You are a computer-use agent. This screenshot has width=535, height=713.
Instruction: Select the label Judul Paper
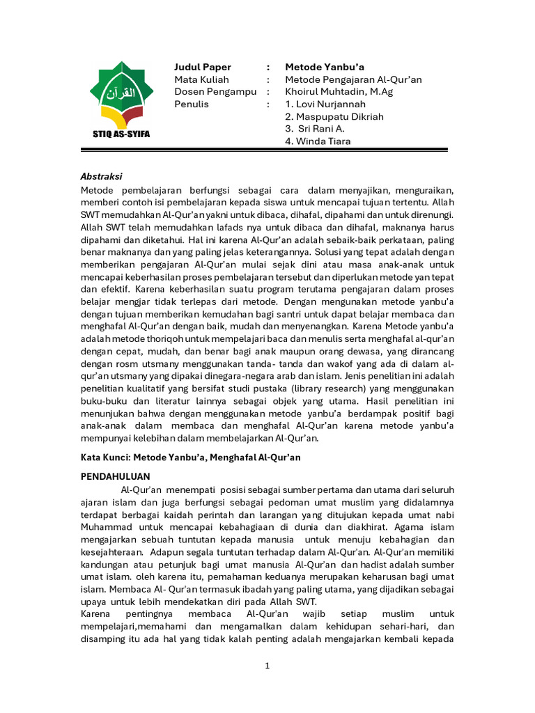click(x=202, y=67)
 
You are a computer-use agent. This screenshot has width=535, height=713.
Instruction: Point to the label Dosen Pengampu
click(x=215, y=92)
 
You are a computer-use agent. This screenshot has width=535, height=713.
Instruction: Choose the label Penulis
click(x=191, y=104)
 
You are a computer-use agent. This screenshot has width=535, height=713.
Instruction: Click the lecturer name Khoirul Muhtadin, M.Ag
click(x=339, y=92)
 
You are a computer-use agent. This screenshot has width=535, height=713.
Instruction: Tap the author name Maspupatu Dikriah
click(x=334, y=117)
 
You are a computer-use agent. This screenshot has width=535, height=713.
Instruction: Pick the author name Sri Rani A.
click(x=317, y=129)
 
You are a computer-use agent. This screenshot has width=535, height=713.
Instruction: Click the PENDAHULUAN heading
click(x=116, y=477)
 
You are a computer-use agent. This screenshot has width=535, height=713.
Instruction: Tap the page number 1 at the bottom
click(x=267, y=666)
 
